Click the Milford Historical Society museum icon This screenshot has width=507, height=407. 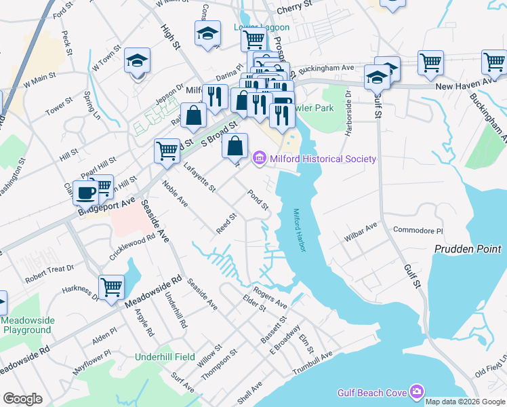(x=259, y=159)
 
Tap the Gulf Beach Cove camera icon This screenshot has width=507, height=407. (x=415, y=391)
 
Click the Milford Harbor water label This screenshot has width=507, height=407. (x=299, y=230)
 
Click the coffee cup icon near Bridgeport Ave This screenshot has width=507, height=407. (x=85, y=193)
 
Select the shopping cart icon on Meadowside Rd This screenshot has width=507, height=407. (x=111, y=286)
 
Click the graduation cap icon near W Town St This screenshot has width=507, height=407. (x=138, y=62)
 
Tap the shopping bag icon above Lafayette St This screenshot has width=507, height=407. (x=235, y=145)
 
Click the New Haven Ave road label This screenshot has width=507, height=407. (x=464, y=86)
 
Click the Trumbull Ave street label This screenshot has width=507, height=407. (x=312, y=364)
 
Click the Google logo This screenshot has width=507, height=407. (x=23, y=399)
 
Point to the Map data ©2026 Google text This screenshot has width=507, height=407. (x=464, y=402)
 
